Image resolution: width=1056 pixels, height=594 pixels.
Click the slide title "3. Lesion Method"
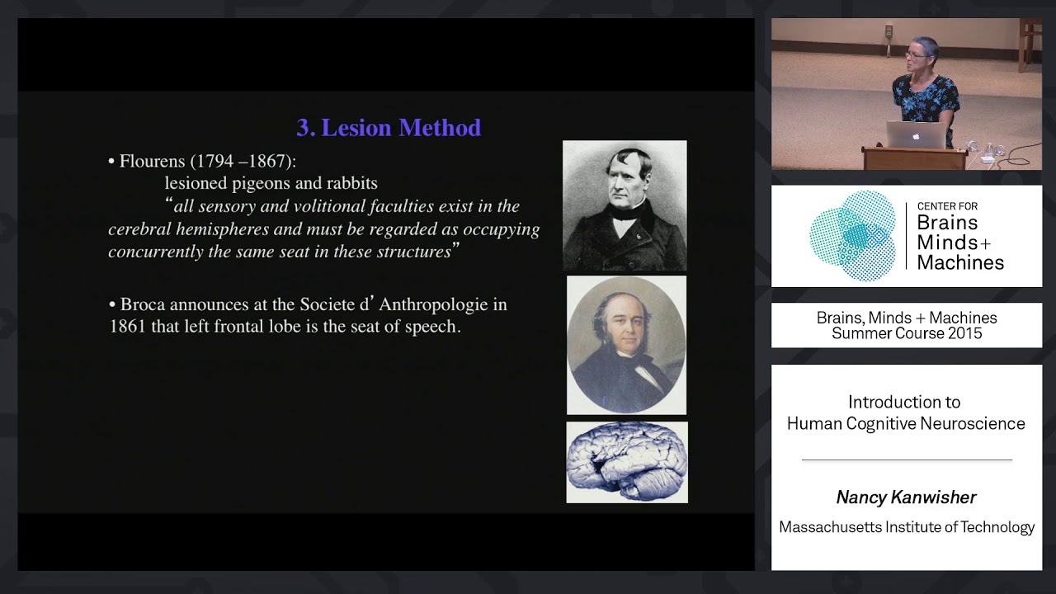389,128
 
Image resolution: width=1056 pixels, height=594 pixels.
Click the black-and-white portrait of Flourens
625,205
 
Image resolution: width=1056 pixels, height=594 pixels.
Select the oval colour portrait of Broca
626,345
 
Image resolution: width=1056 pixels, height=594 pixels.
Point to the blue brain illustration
627,462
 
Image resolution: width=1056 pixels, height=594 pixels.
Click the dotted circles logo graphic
853,236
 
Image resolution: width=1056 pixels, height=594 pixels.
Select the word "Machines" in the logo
960,262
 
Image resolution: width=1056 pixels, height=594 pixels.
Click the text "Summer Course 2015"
907,333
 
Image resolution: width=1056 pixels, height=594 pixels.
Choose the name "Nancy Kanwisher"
906,497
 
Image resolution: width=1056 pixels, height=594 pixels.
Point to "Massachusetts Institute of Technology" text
907,527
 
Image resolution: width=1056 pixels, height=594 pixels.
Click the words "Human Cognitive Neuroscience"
906,423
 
